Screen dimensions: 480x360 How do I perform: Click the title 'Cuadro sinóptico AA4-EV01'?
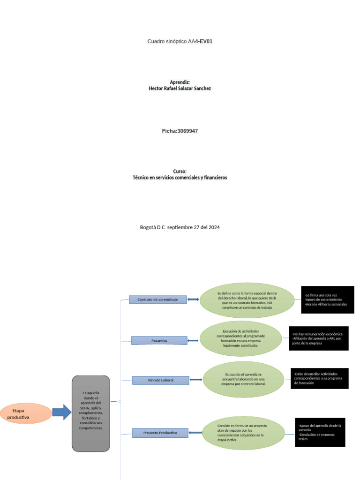pyautogui.click(x=180, y=41)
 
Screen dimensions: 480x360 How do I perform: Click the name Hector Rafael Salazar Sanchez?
pyautogui.click(x=180, y=88)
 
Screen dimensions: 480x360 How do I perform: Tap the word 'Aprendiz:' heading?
pyautogui.click(x=180, y=82)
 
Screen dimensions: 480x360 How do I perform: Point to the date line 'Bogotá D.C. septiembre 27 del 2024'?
pyautogui.click(x=180, y=227)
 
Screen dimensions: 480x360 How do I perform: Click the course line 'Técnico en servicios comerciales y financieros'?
pyautogui.click(x=180, y=178)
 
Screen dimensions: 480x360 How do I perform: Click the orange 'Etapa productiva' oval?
pyautogui.click(x=26, y=413)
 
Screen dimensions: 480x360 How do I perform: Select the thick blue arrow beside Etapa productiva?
pyautogui.click(x=61, y=412)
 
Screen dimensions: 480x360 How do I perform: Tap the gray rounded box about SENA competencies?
pyautogui.click(x=90, y=413)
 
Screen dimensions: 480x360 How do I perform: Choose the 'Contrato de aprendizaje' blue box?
pyautogui.click(x=157, y=300)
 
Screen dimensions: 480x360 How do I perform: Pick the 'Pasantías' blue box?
pyautogui.click(x=159, y=340)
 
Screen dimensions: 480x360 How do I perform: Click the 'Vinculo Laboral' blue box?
pyautogui.click(x=160, y=380)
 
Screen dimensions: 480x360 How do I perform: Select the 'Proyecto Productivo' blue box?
pyautogui.click(x=160, y=433)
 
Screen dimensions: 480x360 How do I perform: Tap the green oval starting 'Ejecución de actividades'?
pyautogui.click(x=240, y=338)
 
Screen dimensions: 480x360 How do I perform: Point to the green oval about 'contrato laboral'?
pyautogui.click(x=243, y=379)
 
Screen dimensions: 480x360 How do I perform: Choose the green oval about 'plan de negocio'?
pyautogui.click(x=243, y=433)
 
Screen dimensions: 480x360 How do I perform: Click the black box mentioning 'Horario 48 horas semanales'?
pyautogui.click(x=327, y=300)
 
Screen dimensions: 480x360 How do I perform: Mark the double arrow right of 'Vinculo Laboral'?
pyautogui.click(x=196, y=380)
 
